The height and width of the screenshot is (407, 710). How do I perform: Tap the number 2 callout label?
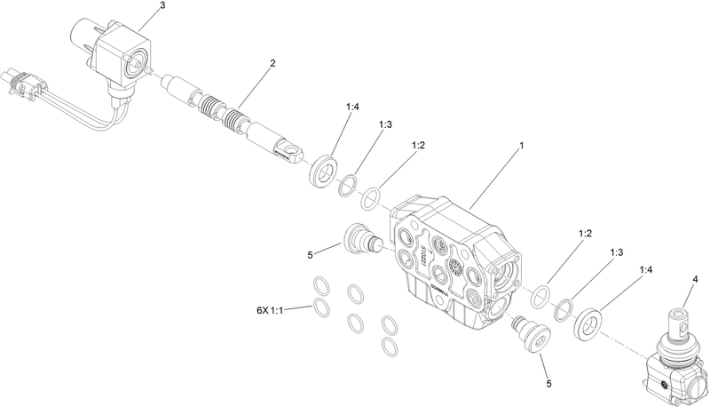click(x=272, y=63)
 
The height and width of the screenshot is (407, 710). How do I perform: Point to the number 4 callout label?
click(x=695, y=280)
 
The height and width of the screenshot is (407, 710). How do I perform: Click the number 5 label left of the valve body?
click(x=311, y=254)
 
